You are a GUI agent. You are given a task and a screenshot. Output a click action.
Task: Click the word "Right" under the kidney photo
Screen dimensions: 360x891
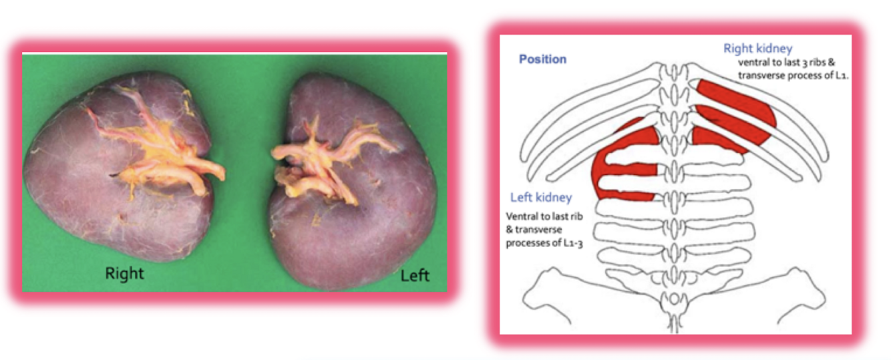click(124, 273)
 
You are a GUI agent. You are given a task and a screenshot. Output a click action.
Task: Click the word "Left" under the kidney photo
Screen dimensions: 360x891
click(415, 275)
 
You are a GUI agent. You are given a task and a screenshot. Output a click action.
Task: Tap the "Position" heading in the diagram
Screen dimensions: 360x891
click(542, 59)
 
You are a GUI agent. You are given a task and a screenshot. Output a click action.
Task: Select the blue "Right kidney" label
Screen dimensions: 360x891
click(757, 48)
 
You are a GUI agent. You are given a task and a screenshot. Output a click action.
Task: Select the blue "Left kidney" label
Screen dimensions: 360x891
click(541, 198)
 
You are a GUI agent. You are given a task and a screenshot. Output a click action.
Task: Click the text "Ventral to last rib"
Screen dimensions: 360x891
click(544, 216)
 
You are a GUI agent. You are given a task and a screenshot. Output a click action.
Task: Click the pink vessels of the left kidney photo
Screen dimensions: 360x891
click(321, 160)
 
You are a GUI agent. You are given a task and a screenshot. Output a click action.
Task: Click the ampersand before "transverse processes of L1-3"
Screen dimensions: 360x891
click(509, 230)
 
